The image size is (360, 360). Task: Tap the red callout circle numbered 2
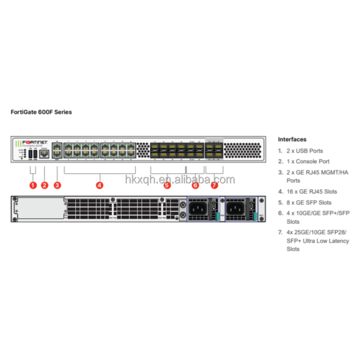tap(45, 185)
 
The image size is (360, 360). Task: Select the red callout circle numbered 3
tap(57, 185)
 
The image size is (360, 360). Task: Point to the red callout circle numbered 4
tap(99, 185)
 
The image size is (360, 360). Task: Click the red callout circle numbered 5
tap(167, 185)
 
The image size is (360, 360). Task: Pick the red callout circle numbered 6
tap(195, 185)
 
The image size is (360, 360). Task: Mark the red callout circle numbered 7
tap(214, 185)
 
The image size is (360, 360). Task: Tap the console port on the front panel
tap(45, 154)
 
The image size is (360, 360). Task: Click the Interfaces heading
tap(292, 139)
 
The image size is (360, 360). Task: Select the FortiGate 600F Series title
tap(41, 112)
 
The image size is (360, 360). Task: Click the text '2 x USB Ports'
tap(305, 151)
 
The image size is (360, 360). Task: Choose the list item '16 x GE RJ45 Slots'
tap(311, 191)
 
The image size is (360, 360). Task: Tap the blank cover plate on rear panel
tap(40, 208)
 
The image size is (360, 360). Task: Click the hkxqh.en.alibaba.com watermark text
tap(180, 180)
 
